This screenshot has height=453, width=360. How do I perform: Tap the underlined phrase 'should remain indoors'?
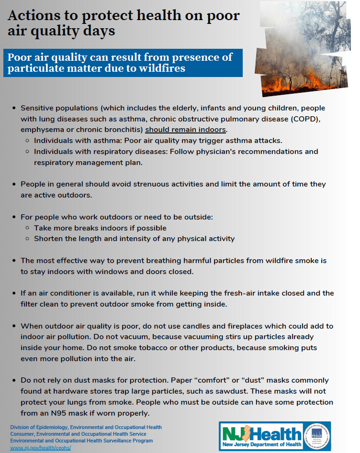[x=186, y=130]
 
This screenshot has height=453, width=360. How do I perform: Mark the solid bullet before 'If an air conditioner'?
[x=14, y=293]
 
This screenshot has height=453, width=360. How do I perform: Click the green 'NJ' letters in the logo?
[x=234, y=433]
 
